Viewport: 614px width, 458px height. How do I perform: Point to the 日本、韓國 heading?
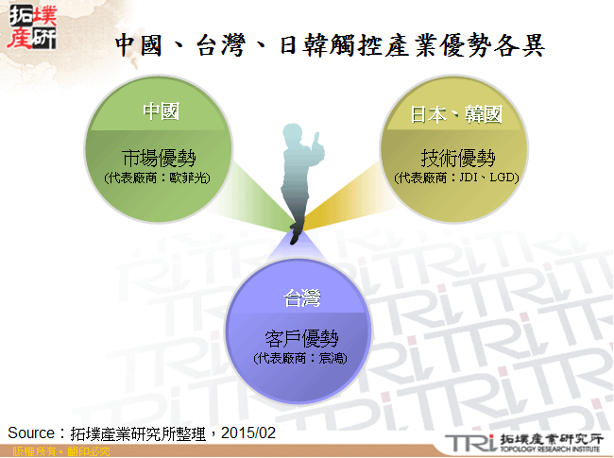(x=455, y=114)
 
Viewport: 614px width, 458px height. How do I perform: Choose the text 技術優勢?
(x=457, y=158)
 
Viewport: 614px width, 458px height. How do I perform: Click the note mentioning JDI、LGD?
(x=457, y=178)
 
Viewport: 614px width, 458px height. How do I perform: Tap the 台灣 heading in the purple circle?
(x=302, y=299)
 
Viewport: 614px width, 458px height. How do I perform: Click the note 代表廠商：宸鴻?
(x=302, y=358)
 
